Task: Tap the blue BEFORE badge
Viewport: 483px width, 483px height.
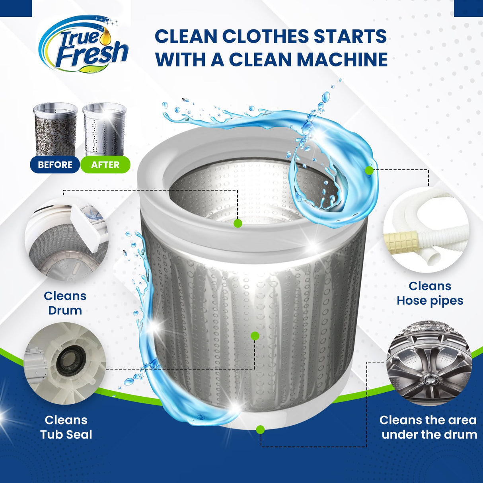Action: pos(55,165)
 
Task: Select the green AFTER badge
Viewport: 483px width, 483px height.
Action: pos(105,165)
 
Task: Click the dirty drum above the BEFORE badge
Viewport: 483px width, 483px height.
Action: pos(55,129)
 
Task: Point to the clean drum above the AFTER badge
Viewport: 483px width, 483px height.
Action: pos(104,129)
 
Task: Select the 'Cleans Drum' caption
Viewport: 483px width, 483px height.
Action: pos(65,303)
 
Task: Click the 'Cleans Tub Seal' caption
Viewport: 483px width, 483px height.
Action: pos(66,427)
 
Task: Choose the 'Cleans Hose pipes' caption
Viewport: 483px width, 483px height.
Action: pos(430,294)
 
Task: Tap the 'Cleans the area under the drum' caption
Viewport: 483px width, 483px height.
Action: pos(428,427)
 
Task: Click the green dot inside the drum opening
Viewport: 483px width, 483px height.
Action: pos(238,223)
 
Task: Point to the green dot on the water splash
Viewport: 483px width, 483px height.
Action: pos(369,171)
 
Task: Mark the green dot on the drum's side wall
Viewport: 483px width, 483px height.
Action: pos(255,336)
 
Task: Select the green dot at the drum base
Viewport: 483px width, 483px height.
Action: pos(260,430)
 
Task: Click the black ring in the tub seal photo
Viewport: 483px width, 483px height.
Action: pos(70,361)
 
